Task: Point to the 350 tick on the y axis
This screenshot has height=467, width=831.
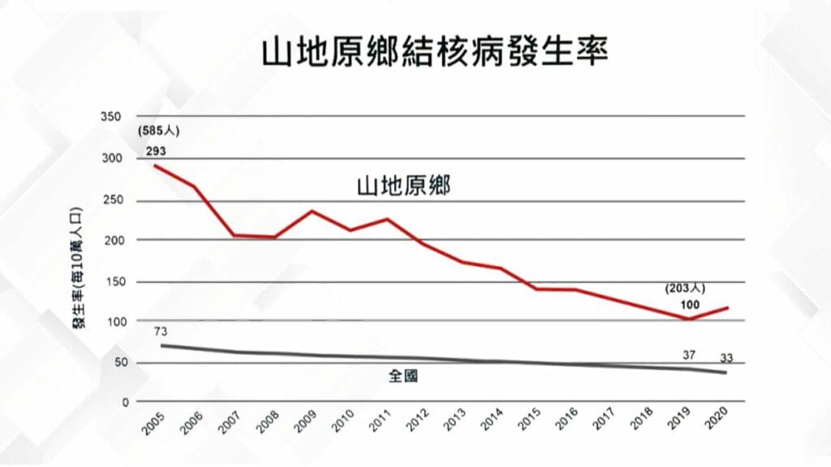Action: click(110, 117)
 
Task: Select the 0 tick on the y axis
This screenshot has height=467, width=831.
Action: click(125, 402)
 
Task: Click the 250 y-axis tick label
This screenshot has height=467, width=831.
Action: click(110, 200)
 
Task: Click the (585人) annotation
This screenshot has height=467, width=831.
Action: click(155, 131)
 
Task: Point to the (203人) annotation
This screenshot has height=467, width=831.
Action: click(686, 288)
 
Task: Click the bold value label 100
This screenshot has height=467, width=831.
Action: click(690, 305)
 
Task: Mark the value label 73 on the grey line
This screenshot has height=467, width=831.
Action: click(161, 332)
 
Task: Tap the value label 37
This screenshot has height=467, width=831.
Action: click(689, 354)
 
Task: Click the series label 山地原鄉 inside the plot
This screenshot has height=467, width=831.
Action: click(403, 186)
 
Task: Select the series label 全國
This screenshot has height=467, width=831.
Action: click(403, 376)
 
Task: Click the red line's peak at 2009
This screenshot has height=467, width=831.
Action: click(312, 211)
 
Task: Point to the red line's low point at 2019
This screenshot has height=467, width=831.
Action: click(688, 319)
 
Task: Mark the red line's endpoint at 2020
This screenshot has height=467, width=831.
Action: click(726, 308)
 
